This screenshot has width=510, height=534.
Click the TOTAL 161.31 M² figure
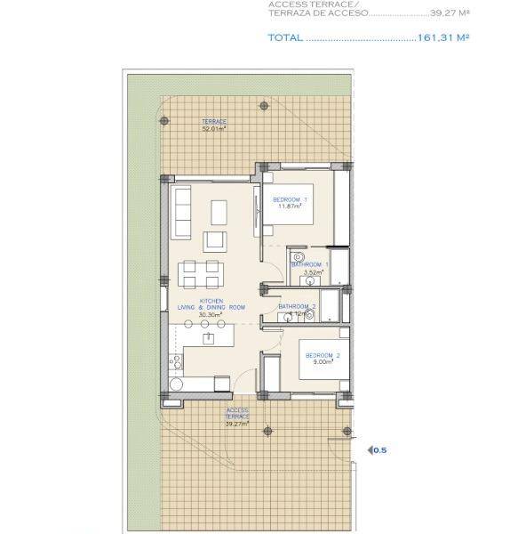(442, 38)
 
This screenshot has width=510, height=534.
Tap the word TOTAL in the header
(285, 38)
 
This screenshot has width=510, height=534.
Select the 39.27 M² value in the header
(449, 13)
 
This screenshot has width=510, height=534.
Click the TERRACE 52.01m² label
(213, 125)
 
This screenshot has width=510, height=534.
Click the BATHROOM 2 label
(297, 307)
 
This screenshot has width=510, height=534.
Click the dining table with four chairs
(199, 273)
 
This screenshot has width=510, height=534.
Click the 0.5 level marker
(379, 450)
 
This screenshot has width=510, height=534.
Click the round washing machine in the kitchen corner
(175, 384)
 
